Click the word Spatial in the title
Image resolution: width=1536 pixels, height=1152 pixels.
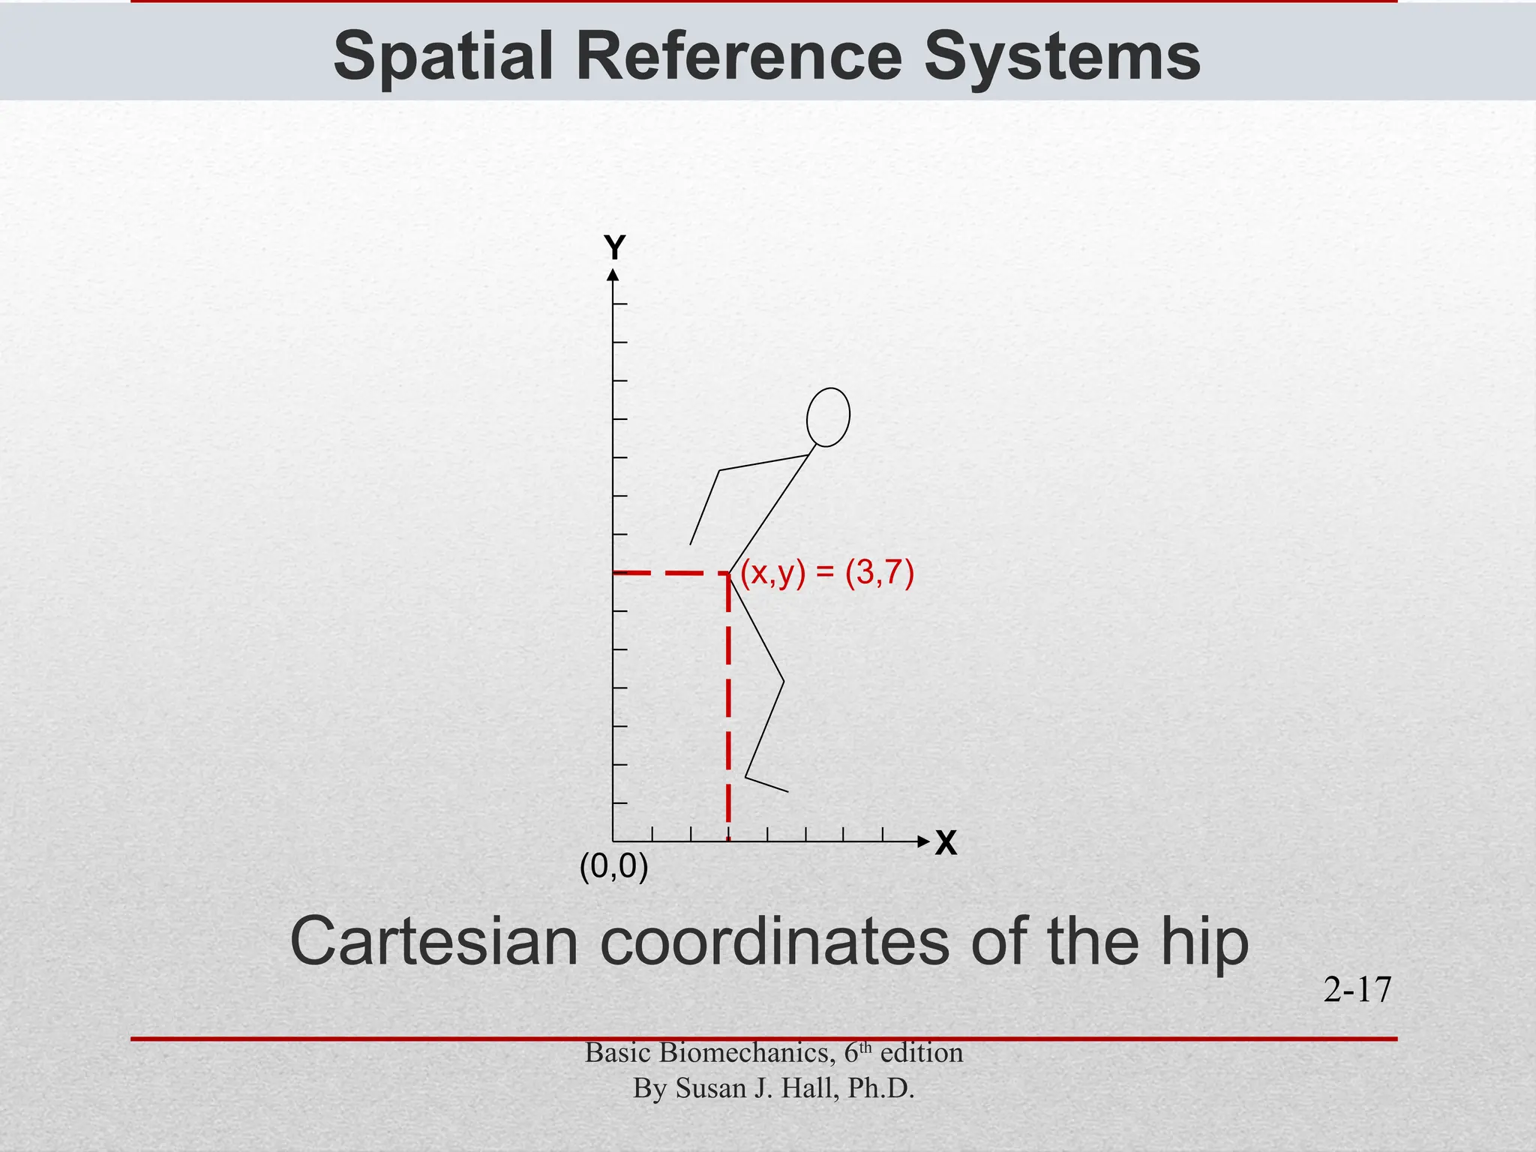[443, 56]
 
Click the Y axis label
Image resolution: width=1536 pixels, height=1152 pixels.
[615, 247]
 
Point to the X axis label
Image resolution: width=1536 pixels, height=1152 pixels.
[946, 844]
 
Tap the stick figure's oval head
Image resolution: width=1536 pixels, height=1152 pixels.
[828, 417]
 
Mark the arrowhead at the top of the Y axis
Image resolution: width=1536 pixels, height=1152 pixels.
[613, 275]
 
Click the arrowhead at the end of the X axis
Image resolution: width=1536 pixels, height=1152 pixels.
[923, 841]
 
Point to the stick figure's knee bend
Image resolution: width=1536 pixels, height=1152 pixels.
[784, 682]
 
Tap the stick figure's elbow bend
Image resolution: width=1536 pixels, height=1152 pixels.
[719, 471]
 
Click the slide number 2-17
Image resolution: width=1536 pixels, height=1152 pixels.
[1357, 990]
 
